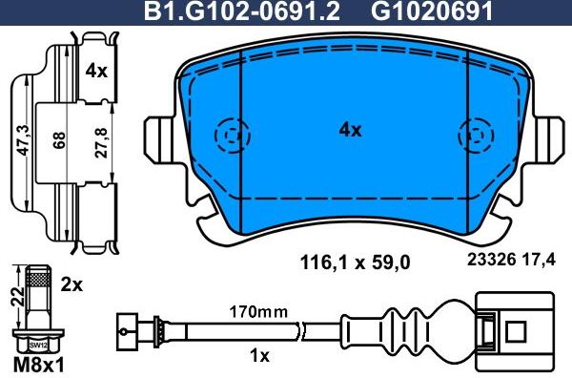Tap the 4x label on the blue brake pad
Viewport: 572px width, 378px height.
[x=351, y=131]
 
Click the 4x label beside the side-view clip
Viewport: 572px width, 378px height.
[x=95, y=71]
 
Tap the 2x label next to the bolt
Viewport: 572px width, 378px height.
[x=72, y=284]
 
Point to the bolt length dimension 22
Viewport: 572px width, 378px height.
[x=13, y=296]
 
